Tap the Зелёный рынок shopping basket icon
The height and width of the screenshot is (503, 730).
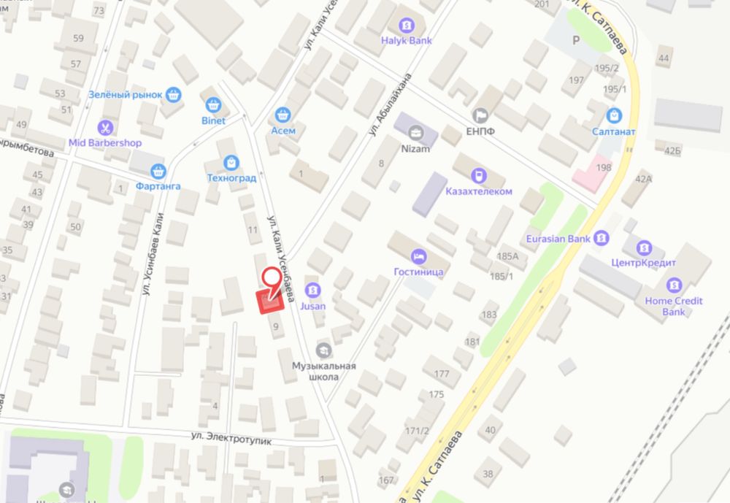click(173, 94)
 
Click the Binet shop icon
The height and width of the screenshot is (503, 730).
click(213, 104)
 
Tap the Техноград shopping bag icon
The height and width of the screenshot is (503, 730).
click(231, 161)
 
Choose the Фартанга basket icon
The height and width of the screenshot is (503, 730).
click(157, 172)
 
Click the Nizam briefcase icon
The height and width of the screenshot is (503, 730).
click(416, 133)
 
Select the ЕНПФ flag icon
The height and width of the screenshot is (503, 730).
click(480, 115)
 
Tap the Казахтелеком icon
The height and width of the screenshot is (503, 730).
click(478, 175)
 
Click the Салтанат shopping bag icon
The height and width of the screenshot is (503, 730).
click(614, 115)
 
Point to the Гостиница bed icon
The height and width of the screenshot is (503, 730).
click(419, 256)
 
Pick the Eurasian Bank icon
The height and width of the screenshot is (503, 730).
click(601, 238)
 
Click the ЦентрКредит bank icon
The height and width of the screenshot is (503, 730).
click(645, 247)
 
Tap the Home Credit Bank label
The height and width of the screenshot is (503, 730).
click(673, 306)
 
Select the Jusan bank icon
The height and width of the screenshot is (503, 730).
click(313, 290)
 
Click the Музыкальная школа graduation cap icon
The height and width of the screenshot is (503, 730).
click(323, 349)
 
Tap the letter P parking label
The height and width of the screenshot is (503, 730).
click(576, 40)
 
